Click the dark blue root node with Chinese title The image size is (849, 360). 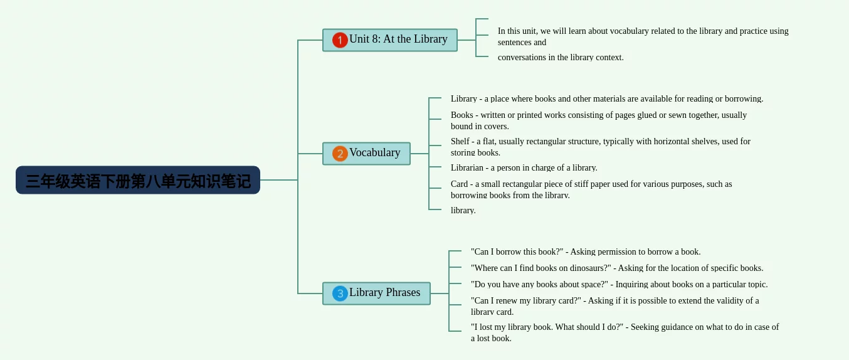click(x=138, y=180)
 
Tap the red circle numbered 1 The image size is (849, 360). click(x=340, y=40)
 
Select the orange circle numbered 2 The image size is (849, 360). click(x=340, y=154)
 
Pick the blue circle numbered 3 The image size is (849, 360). click(x=340, y=294)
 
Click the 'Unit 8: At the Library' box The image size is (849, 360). click(x=390, y=40)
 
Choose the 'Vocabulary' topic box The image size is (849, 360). click(x=367, y=154)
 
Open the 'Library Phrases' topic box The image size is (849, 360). click(x=376, y=294)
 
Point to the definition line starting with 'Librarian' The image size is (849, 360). click(x=524, y=168)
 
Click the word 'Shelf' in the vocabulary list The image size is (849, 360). click(x=460, y=141)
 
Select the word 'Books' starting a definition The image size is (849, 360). click(x=462, y=115)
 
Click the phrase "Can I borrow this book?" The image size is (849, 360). click(x=517, y=252)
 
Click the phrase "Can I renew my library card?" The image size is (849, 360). click(x=525, y=301)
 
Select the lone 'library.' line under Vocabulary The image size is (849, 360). click(x=463, y=211)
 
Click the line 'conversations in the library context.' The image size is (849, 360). click(x=561, y=58)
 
